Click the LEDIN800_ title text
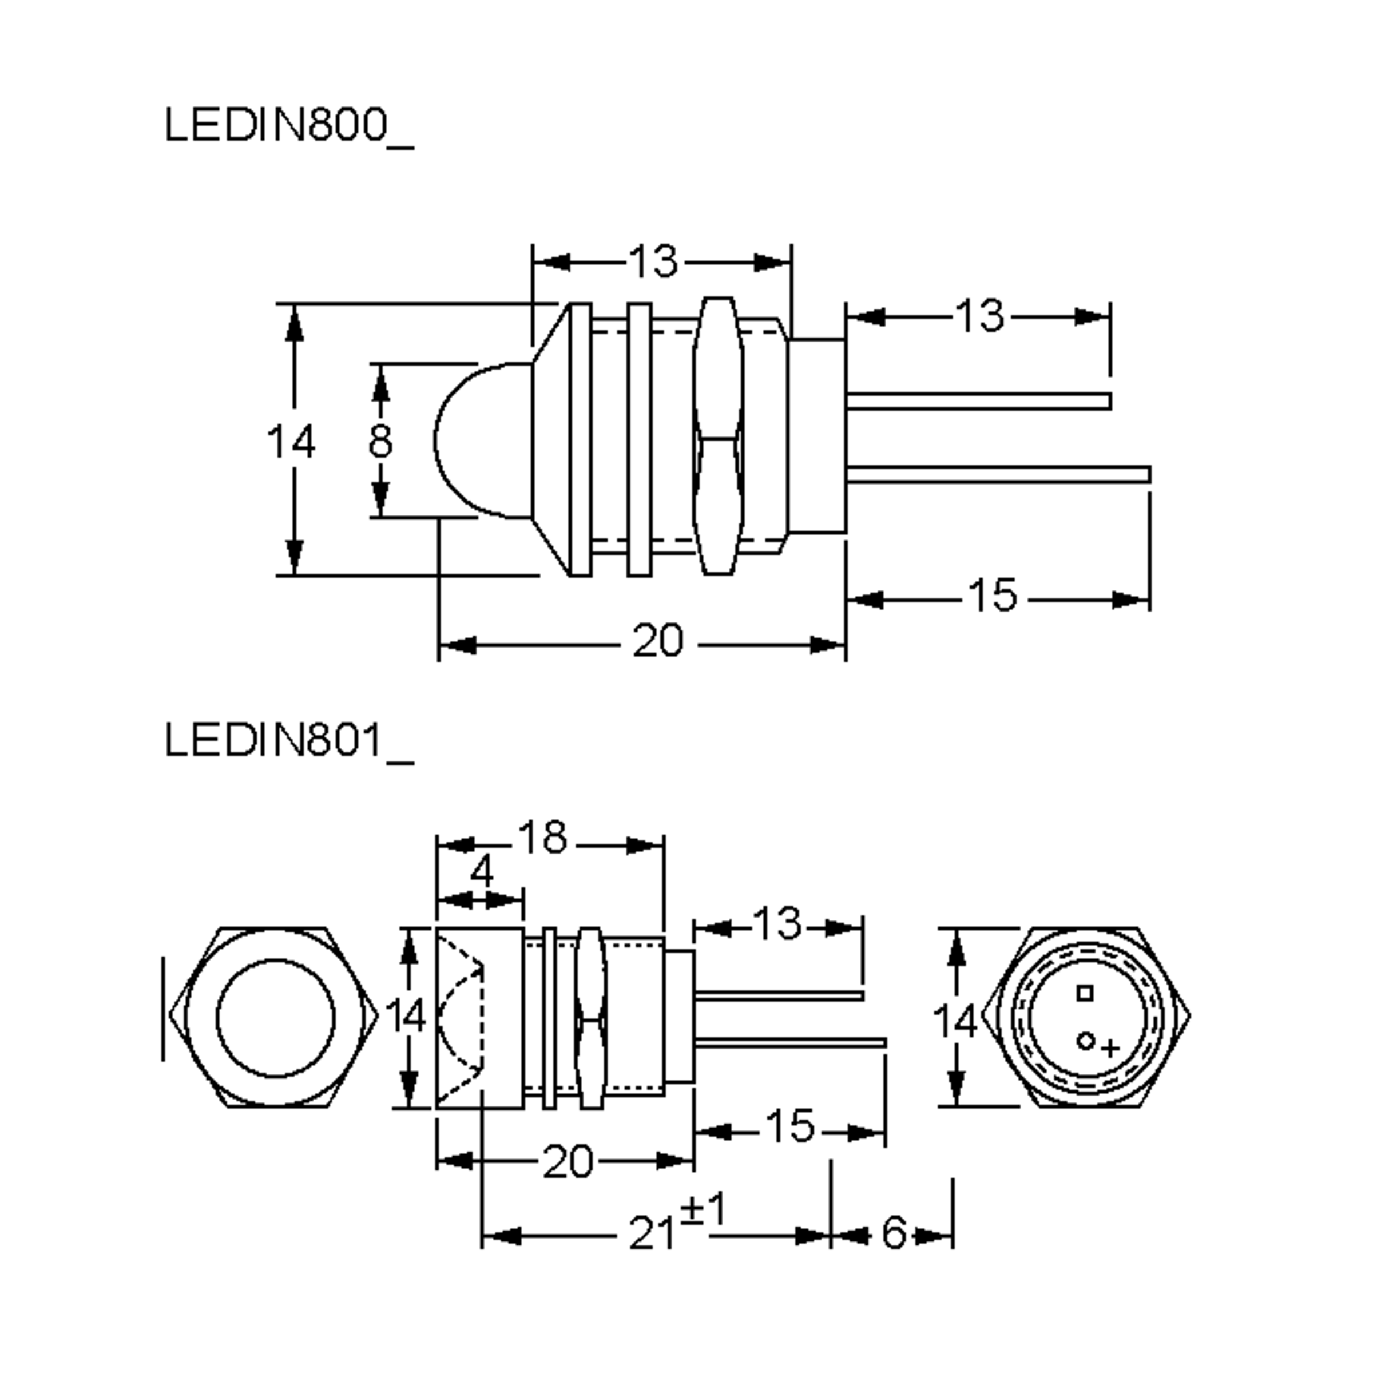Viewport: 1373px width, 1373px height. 288,126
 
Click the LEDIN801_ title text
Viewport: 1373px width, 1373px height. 288,741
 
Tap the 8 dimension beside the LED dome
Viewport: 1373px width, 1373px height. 380,441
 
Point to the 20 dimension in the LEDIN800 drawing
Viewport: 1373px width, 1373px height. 657,641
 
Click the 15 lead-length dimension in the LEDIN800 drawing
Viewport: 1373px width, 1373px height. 993,595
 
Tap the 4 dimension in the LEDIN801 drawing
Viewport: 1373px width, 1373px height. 482,871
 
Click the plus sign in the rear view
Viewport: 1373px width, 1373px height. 1110,1048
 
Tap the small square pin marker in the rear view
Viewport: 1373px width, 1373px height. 1085,993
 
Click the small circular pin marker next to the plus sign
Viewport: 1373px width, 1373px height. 1085,1041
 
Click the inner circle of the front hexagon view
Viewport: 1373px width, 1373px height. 275,1018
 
